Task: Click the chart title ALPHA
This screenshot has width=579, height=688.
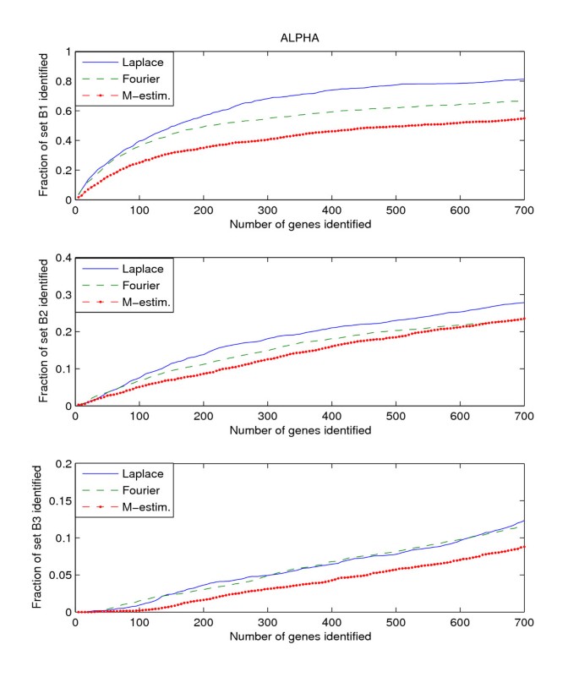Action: pos(299,39)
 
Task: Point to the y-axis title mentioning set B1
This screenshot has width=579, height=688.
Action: pos(44,126)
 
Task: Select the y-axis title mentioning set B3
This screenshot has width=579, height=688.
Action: pos(37,538)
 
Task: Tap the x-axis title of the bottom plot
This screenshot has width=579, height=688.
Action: pos(299,636)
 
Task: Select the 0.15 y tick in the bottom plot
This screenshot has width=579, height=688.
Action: pos(58,501)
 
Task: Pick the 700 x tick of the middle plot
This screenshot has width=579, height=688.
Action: pos(524,416)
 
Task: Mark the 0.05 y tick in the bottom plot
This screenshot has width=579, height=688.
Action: pos(58,576)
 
